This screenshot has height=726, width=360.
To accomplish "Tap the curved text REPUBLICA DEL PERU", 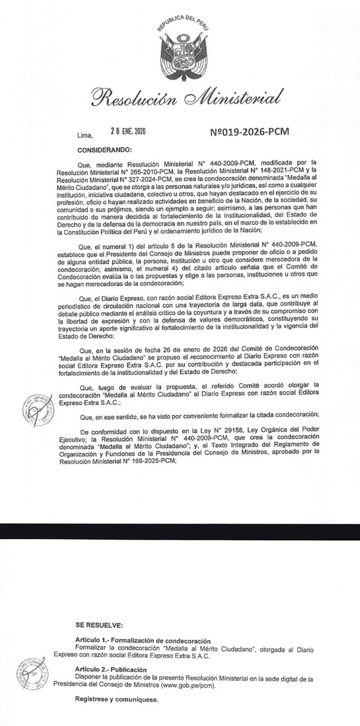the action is [x=180, y=17].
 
